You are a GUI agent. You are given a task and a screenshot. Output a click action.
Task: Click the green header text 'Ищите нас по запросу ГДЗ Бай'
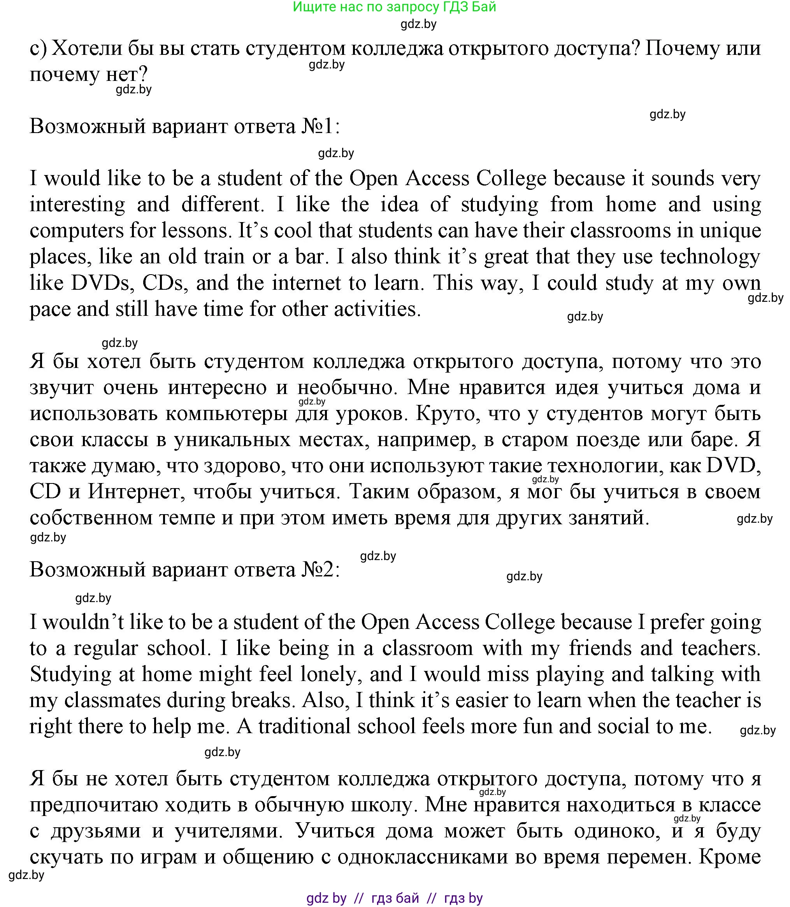[394, 7]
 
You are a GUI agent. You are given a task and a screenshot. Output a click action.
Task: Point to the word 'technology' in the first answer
[710, 257]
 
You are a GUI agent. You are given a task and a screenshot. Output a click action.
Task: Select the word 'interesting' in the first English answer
[77, 205]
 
